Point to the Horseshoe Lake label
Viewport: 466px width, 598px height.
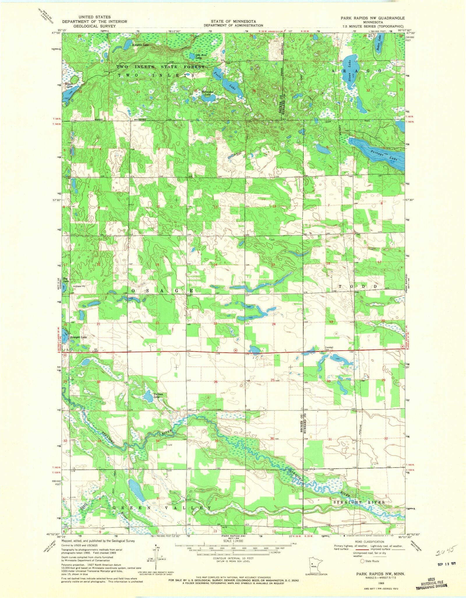(208, 93)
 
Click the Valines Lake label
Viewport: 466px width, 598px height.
(158, 395)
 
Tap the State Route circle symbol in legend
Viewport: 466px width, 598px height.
(363, 561)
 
